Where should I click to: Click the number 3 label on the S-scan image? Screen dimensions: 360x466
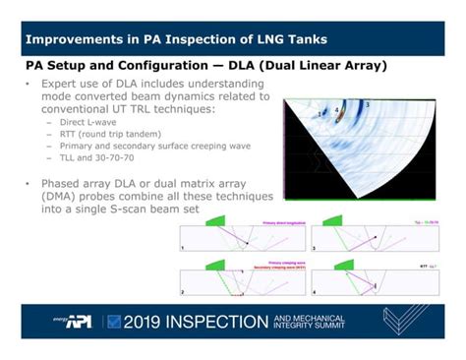[x=367, y=103]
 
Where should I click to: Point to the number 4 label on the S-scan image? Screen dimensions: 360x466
[x=337, y=109]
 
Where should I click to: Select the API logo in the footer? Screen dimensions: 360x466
[x=77, y=322]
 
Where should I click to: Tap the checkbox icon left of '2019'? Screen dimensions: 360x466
[x=114, y=321]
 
